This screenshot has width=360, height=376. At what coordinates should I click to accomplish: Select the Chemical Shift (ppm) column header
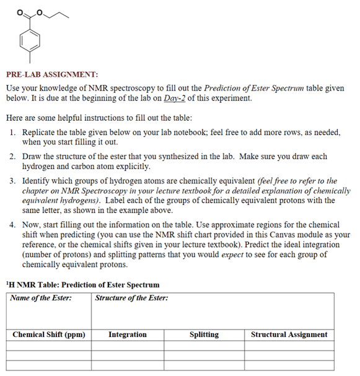point(48,334)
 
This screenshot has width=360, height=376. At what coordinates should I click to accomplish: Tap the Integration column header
point(128,334)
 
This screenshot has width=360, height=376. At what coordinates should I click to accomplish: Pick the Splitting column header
point(204,334)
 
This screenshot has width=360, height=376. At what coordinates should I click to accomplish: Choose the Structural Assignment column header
point(289,334)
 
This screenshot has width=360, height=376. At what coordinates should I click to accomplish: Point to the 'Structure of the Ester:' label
point(131,298)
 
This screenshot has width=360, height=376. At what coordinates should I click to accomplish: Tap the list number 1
point(13,133)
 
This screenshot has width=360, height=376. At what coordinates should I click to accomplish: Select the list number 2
point(13,157)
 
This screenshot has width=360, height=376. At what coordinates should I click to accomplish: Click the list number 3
point(13,181)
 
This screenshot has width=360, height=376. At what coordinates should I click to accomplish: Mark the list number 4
point(13,224)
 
